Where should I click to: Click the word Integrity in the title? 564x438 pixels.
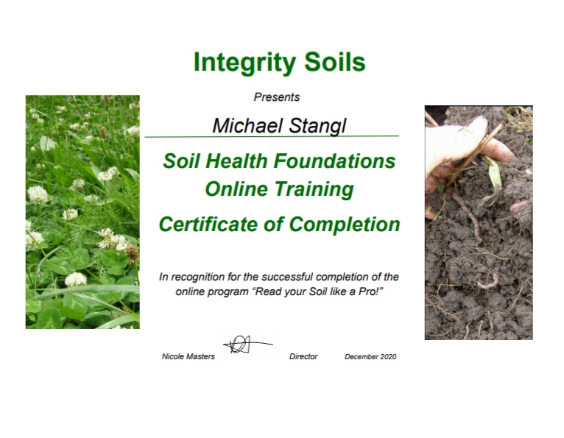point(244,63)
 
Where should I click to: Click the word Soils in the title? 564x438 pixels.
point(335,62)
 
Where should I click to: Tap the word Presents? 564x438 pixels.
point(277,97)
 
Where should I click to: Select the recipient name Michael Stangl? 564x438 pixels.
point(279,126)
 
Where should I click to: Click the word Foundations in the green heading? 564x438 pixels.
point(334,160)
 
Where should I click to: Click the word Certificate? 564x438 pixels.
point(208,224)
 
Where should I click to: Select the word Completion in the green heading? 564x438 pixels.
point(345,225)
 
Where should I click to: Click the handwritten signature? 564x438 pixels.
point(247,345)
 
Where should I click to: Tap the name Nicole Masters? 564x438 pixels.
point(188,356)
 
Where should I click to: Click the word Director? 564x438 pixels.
point(303,356)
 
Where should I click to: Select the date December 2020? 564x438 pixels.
point(370,357)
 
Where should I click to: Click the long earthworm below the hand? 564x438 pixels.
point(468,216)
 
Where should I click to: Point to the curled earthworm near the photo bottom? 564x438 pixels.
point(488,281)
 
